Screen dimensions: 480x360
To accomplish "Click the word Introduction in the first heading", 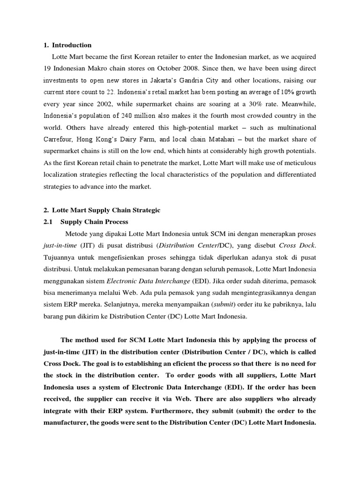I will (72, 45).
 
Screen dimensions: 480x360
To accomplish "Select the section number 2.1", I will (49, 222).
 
